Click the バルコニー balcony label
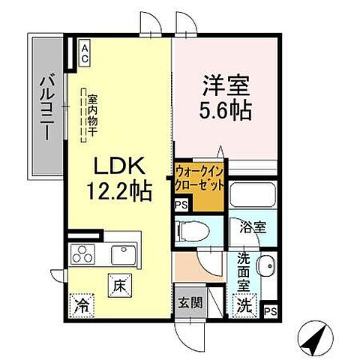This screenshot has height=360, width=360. [46, 106]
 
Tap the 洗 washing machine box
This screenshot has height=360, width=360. [244, 304]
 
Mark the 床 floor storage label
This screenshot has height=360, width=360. [120, 285]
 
